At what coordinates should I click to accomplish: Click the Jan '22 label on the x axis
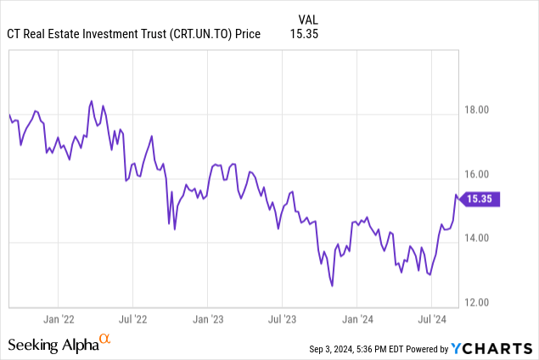coord(58,320)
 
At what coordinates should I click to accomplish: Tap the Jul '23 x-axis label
coord(282,320)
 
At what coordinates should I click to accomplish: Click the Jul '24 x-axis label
coord(431,320)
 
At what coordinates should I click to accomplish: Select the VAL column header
coord(309,19)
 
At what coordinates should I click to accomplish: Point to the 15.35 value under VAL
coord(309,33)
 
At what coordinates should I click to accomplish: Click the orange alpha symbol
coord(105,340)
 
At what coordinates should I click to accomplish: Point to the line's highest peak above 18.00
coord(91,102)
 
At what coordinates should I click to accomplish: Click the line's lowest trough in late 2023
coord(332,286)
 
